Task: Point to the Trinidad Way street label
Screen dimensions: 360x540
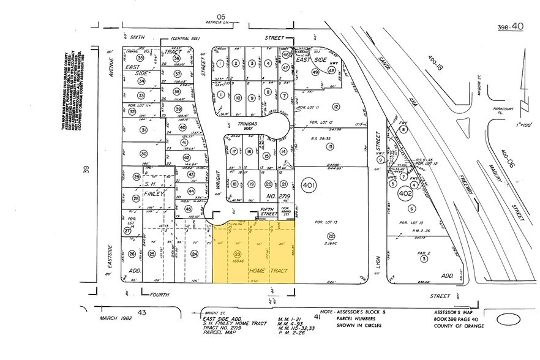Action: click(x=250, y=126)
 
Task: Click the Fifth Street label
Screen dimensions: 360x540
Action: click(x=267, y=212)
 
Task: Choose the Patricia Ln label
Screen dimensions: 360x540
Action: click(x=216, y=24)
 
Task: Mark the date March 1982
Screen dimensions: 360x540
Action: click(x=117, y=318)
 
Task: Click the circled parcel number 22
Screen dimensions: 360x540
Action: click(x=331, y=236)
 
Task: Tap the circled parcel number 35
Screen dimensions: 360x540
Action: click(x=140, y=58)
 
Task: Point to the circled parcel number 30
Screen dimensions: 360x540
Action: click(x=143, y=154)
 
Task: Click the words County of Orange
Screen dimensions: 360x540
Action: click(x=458, y=326)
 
